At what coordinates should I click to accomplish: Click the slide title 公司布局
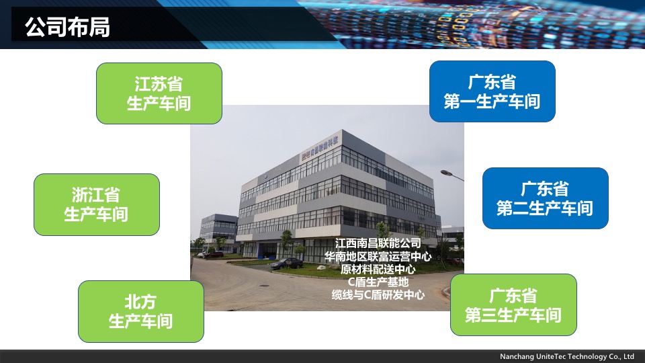point(67,27)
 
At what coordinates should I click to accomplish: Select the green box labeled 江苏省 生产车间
point(159,93)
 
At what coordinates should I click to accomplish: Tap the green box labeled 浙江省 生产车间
point(97,204)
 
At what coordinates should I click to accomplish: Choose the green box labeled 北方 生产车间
point(141,311)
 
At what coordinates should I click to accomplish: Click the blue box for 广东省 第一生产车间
point(492,91)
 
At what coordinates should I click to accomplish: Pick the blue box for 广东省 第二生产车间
point(546,198)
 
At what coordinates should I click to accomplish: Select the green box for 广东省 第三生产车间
point(514,305)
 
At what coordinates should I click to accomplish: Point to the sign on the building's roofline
point(320,148)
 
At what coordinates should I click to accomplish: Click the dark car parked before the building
point(286,264)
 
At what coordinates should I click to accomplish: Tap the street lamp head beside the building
point(447,173)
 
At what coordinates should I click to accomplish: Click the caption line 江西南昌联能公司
point(378,243)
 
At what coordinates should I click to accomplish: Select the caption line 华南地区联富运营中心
point(378,256)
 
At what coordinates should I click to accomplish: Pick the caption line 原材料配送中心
point(378,269)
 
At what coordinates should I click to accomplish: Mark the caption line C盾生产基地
point(378,282)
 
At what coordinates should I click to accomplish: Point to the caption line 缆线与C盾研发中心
point(378,294)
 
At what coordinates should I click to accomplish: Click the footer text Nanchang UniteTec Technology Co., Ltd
point(567,356)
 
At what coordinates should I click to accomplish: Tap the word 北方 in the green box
point(140,302)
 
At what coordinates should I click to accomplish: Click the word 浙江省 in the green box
point(96,195)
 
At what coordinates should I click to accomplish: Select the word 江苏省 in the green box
point(159,84)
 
